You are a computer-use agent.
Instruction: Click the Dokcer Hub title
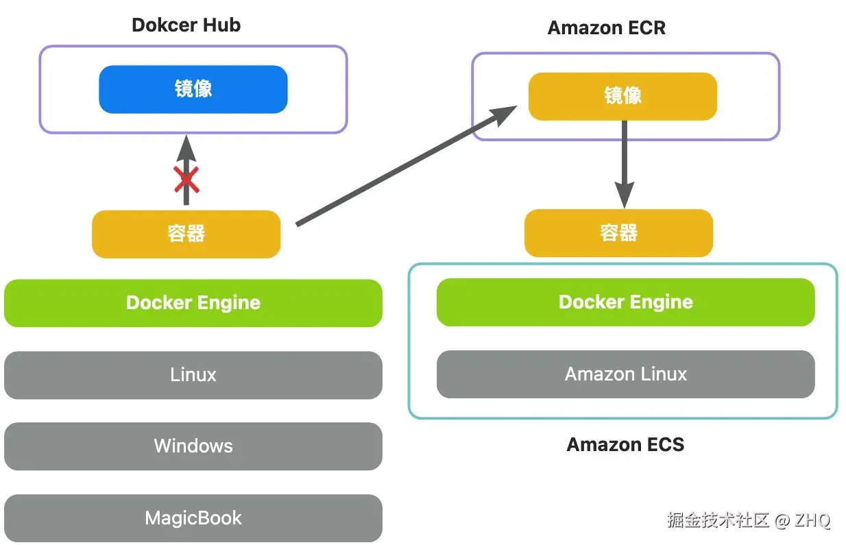(186, 25)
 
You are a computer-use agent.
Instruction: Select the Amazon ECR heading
(606, 28)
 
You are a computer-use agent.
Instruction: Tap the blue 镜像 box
(193, 89)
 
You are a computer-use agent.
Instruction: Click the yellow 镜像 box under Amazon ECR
(622, 96)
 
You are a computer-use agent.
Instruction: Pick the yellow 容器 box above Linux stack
(186, 234)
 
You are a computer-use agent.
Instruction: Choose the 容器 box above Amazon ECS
(618, 233)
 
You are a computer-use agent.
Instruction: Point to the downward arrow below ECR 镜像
(623, 165)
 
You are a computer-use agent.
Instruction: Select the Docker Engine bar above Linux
(193, 303)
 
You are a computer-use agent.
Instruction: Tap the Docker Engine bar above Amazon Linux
(625, 302)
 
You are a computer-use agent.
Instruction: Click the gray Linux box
(193, 375)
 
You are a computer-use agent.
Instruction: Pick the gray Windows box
(193, 446)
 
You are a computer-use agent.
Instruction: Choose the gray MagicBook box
(193, 518)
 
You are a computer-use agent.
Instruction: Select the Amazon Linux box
(625, 374)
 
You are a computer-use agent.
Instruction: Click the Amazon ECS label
(625, 445)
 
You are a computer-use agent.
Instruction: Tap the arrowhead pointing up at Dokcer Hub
(186, 147)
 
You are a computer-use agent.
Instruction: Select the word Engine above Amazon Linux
(660, 302)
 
